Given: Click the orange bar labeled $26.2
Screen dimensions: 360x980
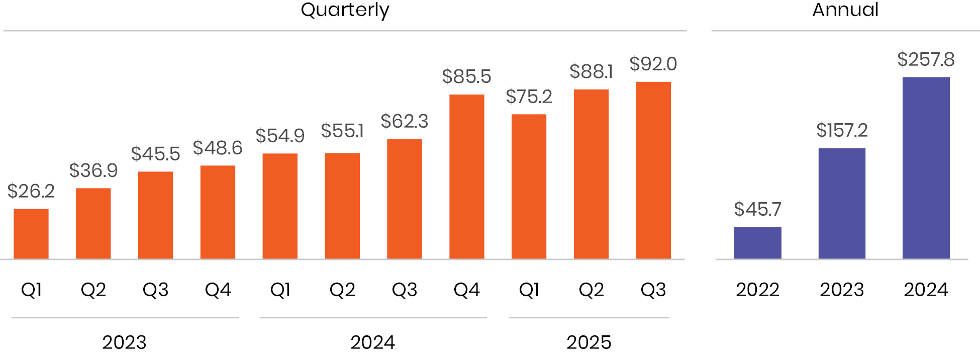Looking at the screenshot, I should click(x=31, y=234).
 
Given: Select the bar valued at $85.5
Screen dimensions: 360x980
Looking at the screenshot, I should click(x=466, y=176).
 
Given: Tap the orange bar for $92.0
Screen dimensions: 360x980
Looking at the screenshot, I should click(x=653, y=170).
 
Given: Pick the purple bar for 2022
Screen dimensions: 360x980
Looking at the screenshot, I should click(x=757, y=243).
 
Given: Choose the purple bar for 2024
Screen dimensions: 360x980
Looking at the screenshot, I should click(x=926, y=168).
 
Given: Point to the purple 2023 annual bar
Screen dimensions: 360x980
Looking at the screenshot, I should click(x=842, y=204).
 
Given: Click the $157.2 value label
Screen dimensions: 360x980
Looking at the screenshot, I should click(x=842, y=131).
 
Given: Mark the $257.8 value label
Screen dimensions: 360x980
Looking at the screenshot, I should click(x=926, y=60).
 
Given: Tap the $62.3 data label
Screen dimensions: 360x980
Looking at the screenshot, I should click(x=404, y=122).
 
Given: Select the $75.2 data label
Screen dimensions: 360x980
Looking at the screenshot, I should click(x=529, y=97).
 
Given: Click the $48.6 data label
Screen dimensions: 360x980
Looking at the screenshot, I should click(x=218, y=148).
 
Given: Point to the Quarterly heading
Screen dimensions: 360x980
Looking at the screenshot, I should click(x=345, y=10).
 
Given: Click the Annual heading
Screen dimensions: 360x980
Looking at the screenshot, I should click(x=845, y=10).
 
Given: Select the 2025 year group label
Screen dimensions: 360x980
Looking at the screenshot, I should click(x=589, y=342).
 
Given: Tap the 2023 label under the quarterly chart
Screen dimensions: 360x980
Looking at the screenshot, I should click(x=124, y=342).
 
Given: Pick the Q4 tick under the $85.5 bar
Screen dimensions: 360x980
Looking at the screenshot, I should click(x=466, y=290).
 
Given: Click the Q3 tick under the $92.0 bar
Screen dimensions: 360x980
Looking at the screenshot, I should click(x=653, y=290).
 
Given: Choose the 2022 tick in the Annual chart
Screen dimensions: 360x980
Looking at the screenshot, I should click(x=757, y=290).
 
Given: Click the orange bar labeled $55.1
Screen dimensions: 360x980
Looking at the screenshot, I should click(x=342, y=206).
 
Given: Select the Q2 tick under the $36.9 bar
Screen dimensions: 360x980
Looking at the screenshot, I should click(x=93, y=290).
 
